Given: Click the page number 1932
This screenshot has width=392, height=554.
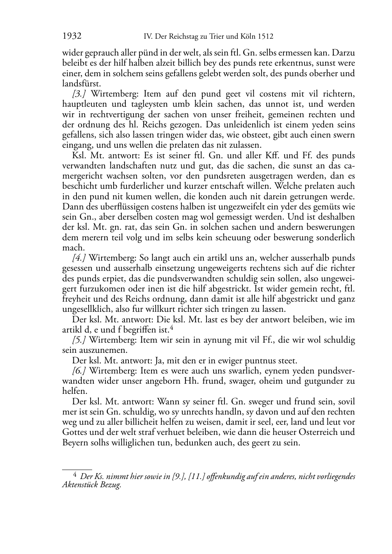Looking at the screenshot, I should pos(72,36).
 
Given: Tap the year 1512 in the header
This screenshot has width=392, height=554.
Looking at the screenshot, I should pos(265,37).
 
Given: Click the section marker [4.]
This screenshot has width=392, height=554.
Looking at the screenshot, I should pos(79,258).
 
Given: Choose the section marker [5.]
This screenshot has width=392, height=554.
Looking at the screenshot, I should pos(79,340).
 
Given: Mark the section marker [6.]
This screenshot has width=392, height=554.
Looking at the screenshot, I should pos(79,371).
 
